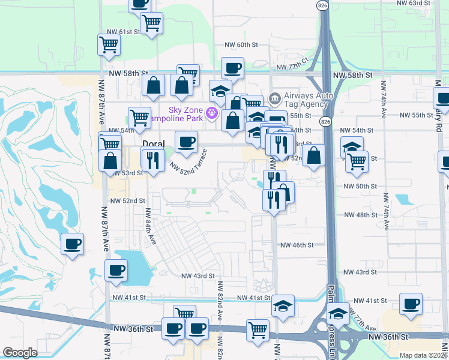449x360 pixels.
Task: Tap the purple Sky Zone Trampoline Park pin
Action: pyautogui.click(x=211, y=112)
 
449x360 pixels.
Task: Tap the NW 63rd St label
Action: pyautogui.click(x=414, y=3)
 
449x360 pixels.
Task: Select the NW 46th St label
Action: pyautogui.click(x=297, y=245)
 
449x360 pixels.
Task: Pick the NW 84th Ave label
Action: pyautogui.click(x=147, y=226)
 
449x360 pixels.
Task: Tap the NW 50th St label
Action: pyautogui.click(x=360, y=187)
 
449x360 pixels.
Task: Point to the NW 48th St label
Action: pyautogui.click(x=360, y=214)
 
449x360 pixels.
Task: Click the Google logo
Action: pyautogui.click(x=20, y=353)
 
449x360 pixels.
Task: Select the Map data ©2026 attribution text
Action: pyautogui.click(x=423, y=355)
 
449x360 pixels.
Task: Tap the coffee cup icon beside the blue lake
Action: pyautogui.click(x=116, y=270)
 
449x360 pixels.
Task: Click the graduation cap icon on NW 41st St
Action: pyautogui.click(x=283, y=305)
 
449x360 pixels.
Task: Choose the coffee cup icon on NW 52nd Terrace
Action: pyautogui.click(x=186, y=142)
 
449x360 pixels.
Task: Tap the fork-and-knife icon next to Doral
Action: pyautogui.click(x=152, y=160)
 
